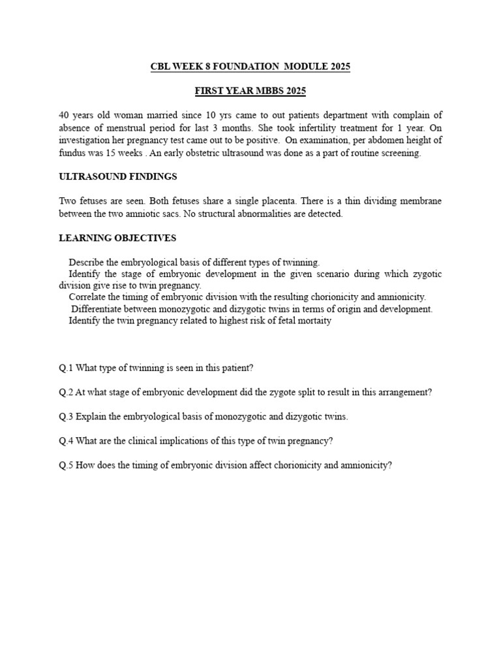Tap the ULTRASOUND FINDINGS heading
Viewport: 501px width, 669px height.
(118, 176)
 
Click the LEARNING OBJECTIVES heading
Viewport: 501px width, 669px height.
(117, 238)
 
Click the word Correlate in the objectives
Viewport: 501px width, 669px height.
(88, 297)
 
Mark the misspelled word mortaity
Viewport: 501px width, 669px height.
(314, 321)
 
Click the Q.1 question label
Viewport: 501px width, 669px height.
(66, 368)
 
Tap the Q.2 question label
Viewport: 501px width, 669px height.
(66, 392)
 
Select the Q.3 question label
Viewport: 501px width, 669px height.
(66, 417)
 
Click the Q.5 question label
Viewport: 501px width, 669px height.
(66, 466)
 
